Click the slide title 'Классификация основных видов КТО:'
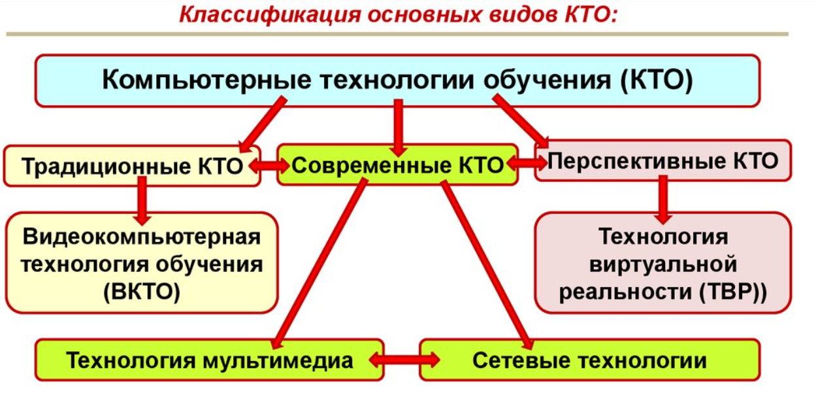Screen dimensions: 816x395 click(399, 15)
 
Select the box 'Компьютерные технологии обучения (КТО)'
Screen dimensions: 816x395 click(397, 80)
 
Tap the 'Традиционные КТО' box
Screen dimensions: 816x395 click(132, 166)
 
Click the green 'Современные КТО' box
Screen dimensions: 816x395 click(397, 165)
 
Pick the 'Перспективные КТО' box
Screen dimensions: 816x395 click(663, 161)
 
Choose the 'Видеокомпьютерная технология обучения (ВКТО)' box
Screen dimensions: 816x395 click(142, 263)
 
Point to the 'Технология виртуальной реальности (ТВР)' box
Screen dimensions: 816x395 click(663, 263)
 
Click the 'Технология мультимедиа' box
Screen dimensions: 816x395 click(210, 360)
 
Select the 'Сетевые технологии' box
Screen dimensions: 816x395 click(590, 360)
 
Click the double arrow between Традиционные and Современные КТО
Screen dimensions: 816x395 click(269, 166)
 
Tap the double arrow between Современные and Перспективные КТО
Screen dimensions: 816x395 click(527, 163)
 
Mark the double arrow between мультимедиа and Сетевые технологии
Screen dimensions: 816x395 click(404, 360)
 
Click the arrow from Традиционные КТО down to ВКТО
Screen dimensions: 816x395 click(142, 201)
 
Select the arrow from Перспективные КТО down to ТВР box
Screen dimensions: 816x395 click(663, 199)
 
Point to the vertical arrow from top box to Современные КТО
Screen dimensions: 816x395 click(399, 128)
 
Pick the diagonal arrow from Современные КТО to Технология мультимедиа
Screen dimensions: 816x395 click(319, 264)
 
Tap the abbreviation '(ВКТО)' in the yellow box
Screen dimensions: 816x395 click(142, 292)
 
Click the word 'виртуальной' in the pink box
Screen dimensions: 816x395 click(663, 264)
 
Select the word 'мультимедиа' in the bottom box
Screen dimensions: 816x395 click(278, 361)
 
